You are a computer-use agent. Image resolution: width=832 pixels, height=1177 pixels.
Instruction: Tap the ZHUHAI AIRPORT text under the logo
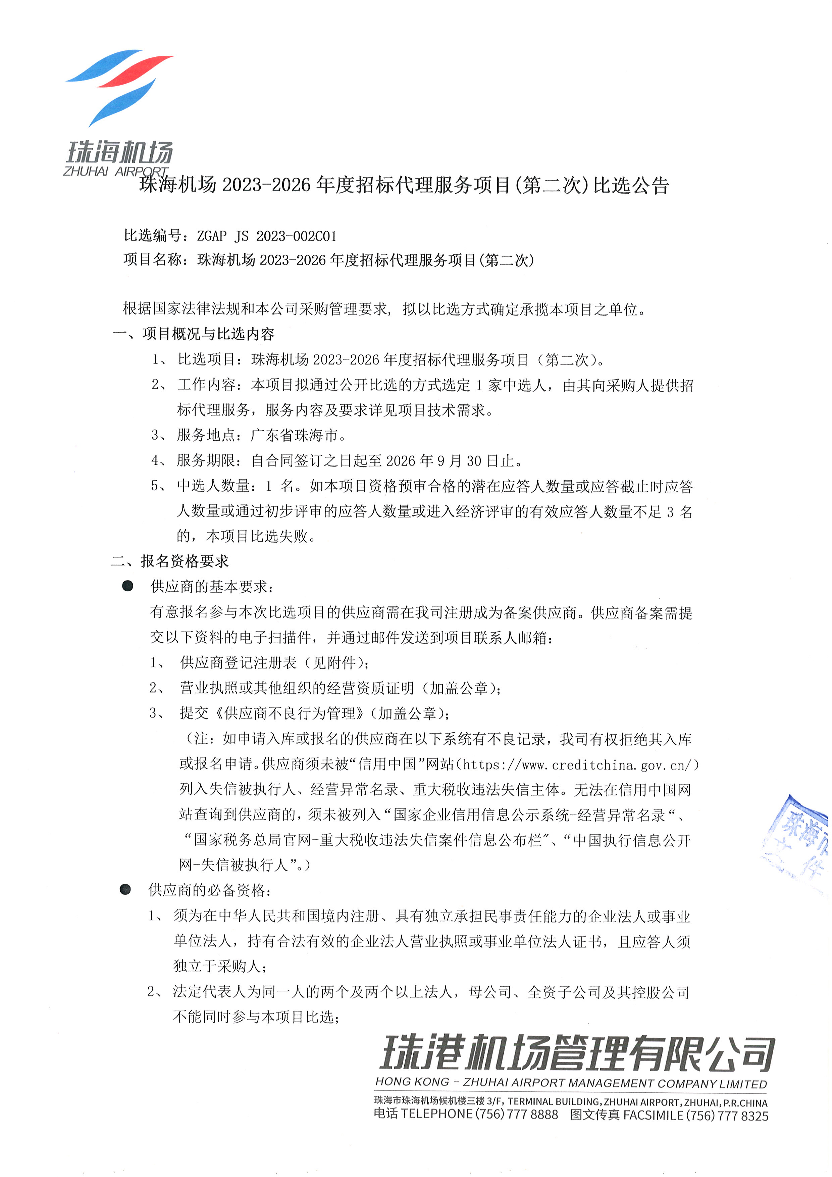point(115,171)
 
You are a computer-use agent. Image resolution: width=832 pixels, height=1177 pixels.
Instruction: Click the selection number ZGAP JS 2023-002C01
point(266,236)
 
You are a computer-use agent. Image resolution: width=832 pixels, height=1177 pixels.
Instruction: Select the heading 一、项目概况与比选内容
point(194,334)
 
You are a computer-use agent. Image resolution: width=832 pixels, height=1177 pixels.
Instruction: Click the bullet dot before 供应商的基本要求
point(127,586)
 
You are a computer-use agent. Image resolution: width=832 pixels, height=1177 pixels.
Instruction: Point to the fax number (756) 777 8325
point(727,1116)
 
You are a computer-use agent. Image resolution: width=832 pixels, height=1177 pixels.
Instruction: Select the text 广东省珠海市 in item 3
point(294,435)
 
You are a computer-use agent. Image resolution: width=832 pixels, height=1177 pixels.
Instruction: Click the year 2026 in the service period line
point(401,461)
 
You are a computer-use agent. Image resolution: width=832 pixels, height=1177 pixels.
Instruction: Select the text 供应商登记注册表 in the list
point(238,663)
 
